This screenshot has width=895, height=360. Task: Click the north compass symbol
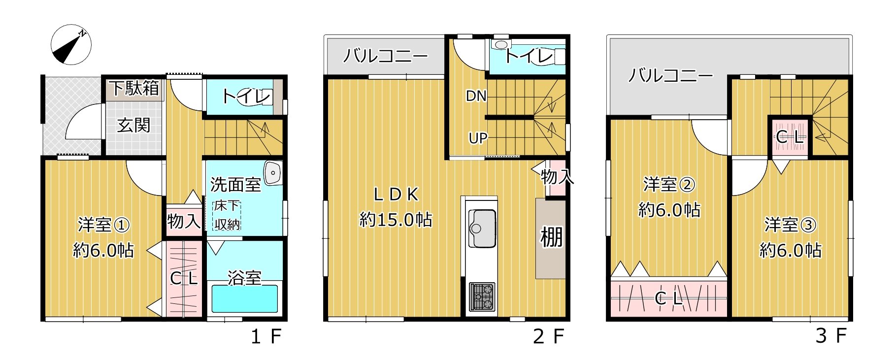click(x=71, y=44)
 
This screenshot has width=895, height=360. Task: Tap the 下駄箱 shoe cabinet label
click(x=134, y=88)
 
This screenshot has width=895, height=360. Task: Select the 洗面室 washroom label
click(x=235, y=185)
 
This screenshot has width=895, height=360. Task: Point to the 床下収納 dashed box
click(x=227, y=215)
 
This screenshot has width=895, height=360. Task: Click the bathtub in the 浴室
click(x=244, y=299)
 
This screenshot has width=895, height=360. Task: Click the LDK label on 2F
click(x=396, y=195)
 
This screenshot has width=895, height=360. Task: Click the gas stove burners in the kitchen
click(x=481, y=296)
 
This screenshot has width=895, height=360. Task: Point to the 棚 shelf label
click(x=551, y=237)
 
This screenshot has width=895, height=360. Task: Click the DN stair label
click(x=476, y=96)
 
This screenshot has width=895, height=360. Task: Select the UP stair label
click(x=478, y=138)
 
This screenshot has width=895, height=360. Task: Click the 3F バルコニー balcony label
click(x=670, y=75)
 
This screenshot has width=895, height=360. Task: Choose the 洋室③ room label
click(x=790, y=225)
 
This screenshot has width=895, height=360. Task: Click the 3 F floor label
click(x=831, y=336)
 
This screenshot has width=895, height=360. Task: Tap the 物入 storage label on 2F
click(x=557, y=177)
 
